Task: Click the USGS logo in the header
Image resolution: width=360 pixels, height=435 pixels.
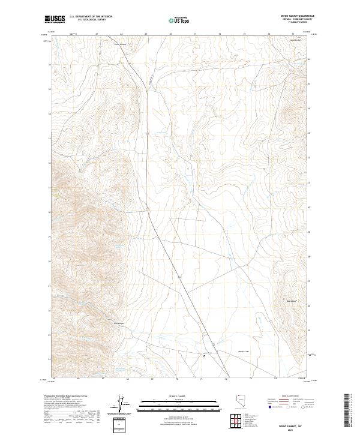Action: coord(55,20)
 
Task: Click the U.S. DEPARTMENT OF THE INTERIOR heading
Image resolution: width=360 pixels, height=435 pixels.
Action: coord(91,17)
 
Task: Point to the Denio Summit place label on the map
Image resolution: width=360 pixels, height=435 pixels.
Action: coord(121,44)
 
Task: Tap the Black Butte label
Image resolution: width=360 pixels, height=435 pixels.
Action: coord(292,300)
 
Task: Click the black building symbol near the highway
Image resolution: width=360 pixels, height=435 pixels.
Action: coord(205,355)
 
